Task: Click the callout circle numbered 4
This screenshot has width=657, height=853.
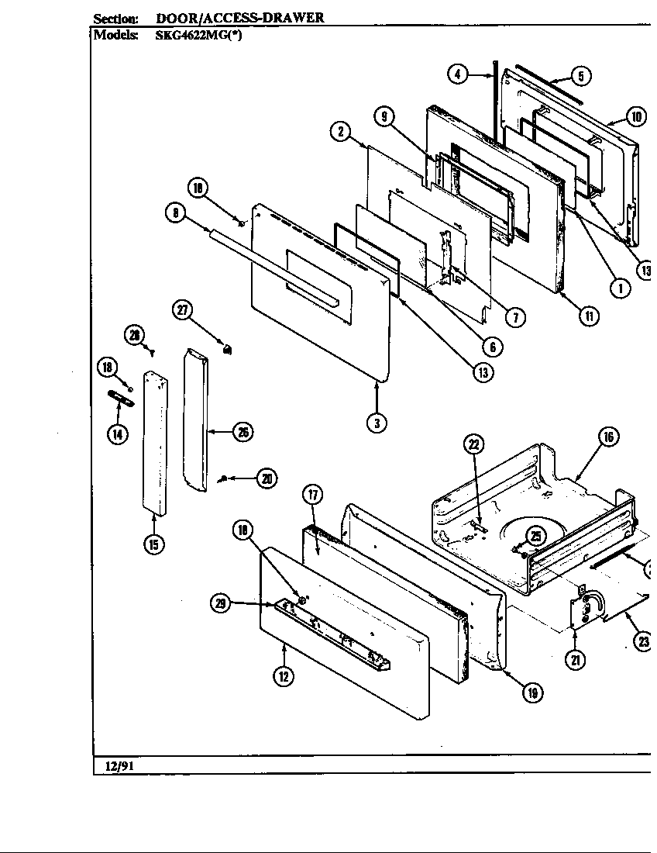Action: tap(458, 74)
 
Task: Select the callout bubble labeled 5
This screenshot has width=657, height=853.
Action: tap(580, 75)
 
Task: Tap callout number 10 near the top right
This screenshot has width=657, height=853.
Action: tap(635, 117)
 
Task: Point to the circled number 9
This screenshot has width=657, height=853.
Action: tap(384, 117)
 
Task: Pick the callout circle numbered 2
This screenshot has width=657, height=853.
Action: tap(340, 131)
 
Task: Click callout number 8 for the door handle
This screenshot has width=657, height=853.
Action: tap(176, 212)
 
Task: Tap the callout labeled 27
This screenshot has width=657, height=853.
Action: tap(182, 310)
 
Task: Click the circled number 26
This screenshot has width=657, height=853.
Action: tap(243, 433)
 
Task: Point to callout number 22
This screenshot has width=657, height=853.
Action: tap(473, 444)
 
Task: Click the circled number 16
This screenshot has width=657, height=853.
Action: tap(608, 437)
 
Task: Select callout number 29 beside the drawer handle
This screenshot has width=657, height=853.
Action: tap(222, 604)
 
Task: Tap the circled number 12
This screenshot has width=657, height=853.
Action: tap(284, 676)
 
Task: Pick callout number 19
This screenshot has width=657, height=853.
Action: tap(531, 693)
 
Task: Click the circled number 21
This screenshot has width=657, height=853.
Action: tap(576, 659)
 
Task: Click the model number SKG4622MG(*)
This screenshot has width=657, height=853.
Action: tap(199, 35)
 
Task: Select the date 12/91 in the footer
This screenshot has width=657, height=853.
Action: tap(115, 767)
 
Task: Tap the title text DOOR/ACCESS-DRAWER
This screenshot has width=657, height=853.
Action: tap(240, 17)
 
